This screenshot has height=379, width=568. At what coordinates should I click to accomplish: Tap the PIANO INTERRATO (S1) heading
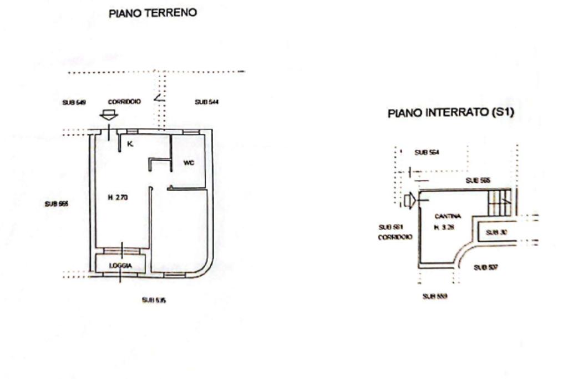(451, 113)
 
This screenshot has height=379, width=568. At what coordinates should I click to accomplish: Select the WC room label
(188, 163)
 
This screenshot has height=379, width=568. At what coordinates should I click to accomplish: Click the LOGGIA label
(120, 266)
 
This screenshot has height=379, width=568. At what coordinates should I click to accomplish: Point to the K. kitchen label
(130, 144)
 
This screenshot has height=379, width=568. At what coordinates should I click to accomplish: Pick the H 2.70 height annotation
(118, 197)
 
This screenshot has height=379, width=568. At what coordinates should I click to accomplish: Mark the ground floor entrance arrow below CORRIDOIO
(109, 115)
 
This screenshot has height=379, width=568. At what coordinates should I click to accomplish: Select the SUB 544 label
(206, 102)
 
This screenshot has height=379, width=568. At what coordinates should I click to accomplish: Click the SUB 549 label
(73, 102)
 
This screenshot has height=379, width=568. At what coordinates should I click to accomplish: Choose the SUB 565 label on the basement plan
(478, 181)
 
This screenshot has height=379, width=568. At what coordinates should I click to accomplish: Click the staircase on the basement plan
(499, 203)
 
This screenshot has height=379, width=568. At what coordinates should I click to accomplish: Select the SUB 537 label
(486, 267)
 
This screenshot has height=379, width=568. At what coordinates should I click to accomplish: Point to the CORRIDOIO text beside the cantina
(395, 236)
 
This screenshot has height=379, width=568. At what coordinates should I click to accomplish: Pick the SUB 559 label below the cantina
(435, 296)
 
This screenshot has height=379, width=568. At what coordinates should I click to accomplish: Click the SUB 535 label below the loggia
(154, 300)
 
